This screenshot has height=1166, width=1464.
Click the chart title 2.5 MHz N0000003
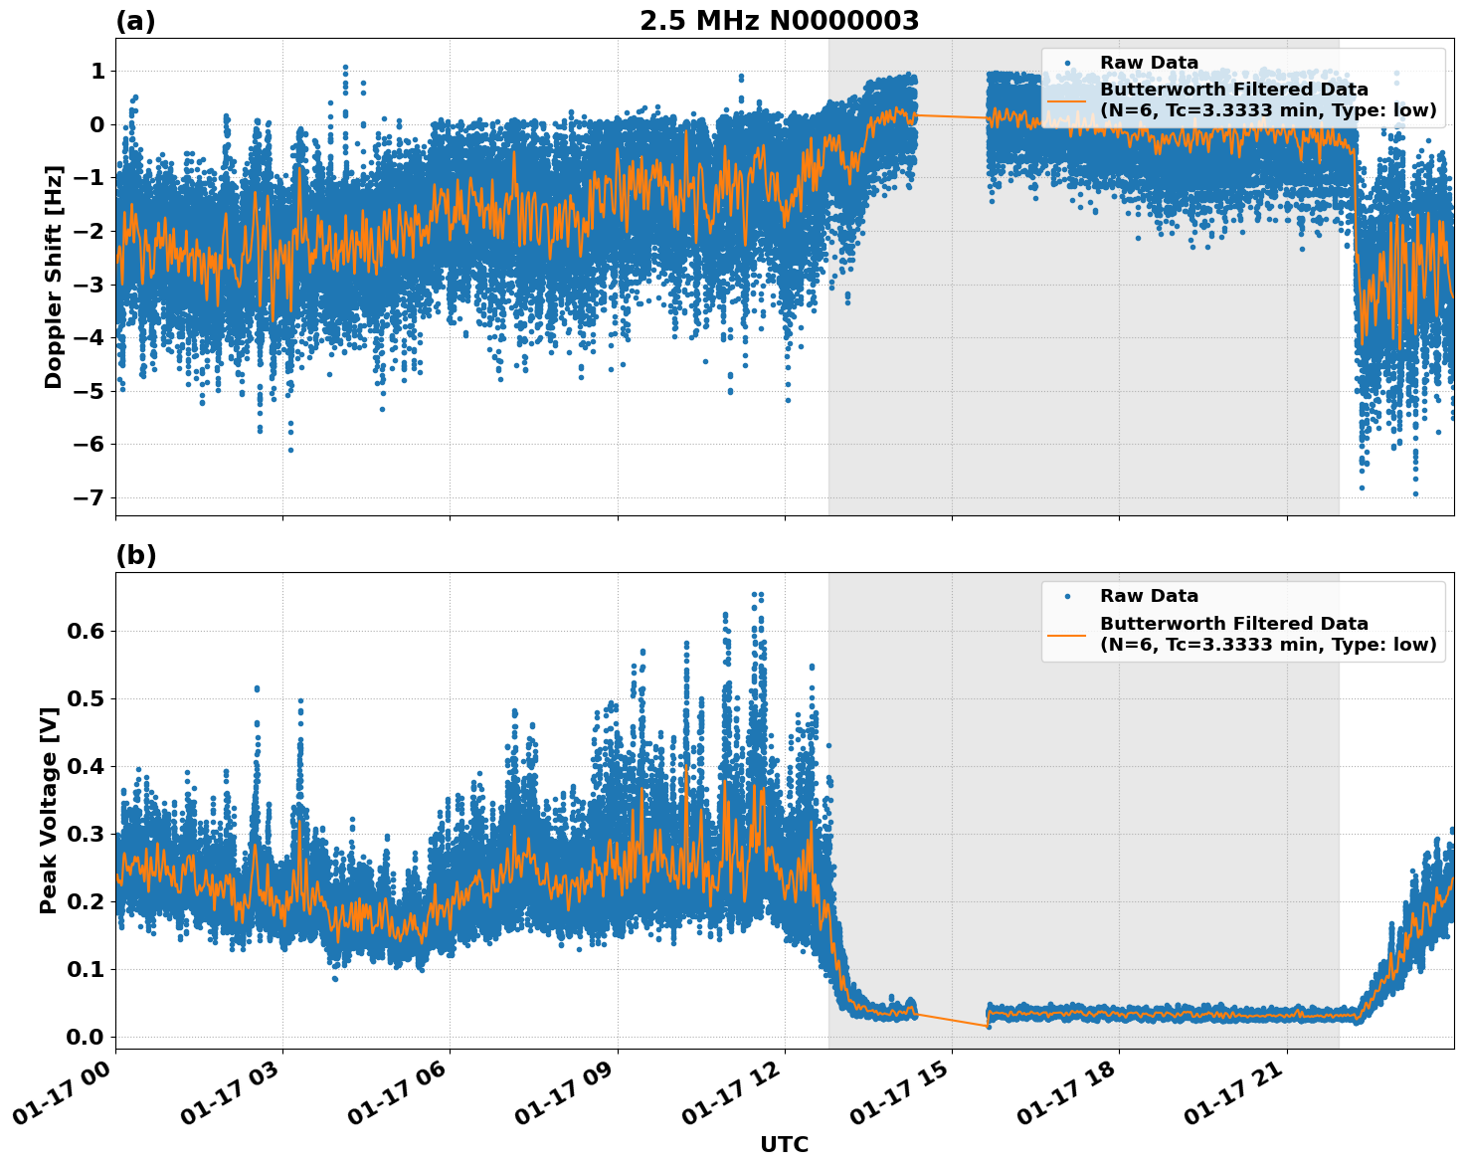[779, 21]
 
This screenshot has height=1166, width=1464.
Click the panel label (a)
[135, 21]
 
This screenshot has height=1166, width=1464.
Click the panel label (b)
[135, 555]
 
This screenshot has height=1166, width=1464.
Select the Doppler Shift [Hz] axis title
[54, 277]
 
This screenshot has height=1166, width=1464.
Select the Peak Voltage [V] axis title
[49, 810]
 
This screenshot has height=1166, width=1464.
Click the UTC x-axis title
[784, 1144]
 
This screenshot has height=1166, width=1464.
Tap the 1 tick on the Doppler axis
[97, 71]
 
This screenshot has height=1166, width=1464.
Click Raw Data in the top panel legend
[1149, 63]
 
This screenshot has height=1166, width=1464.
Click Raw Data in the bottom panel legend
[1149, 596]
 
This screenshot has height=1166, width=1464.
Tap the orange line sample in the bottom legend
[1067, 634]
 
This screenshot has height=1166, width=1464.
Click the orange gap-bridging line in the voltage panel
[952, 1020]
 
